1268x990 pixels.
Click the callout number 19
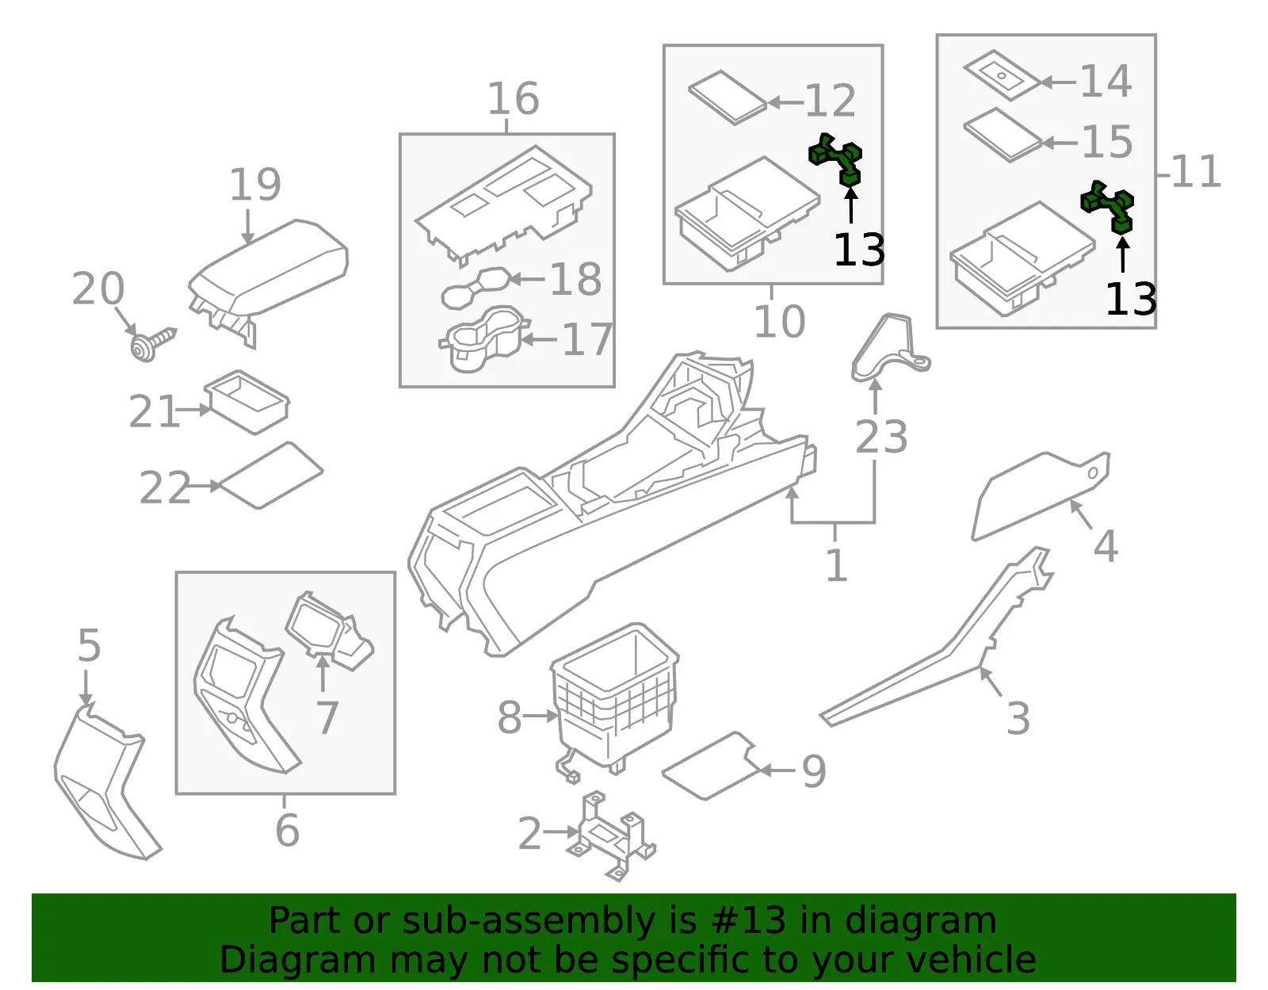255,185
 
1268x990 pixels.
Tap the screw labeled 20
151,345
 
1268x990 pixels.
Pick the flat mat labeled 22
271,476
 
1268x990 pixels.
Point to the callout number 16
514,98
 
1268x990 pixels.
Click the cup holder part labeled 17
484,339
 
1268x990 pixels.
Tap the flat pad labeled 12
727,97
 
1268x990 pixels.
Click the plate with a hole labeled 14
1002,75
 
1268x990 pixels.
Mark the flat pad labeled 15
1003,135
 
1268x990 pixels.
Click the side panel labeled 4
1041,495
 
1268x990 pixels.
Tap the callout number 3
1018,718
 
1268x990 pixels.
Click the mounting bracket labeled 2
611,836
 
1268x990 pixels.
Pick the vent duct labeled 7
329,633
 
